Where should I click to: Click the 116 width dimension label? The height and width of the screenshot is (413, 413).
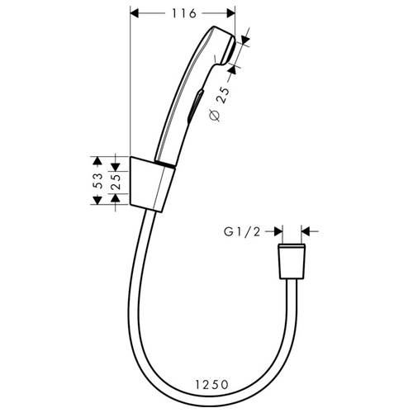(x=184, y=13)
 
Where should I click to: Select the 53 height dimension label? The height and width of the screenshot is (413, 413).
(x=97, y=181)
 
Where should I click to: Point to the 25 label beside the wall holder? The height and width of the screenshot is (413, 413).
(x=116, y=181)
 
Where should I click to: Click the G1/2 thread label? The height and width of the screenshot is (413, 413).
(x=242, y=232)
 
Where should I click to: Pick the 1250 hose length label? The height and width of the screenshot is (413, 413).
(x=212, y=385)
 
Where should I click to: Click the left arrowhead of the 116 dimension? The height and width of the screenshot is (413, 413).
(x=134, y=13)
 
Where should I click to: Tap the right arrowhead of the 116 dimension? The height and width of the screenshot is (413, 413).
(x=230, y=13)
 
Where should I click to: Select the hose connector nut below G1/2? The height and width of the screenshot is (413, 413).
(x=292, y=261)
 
